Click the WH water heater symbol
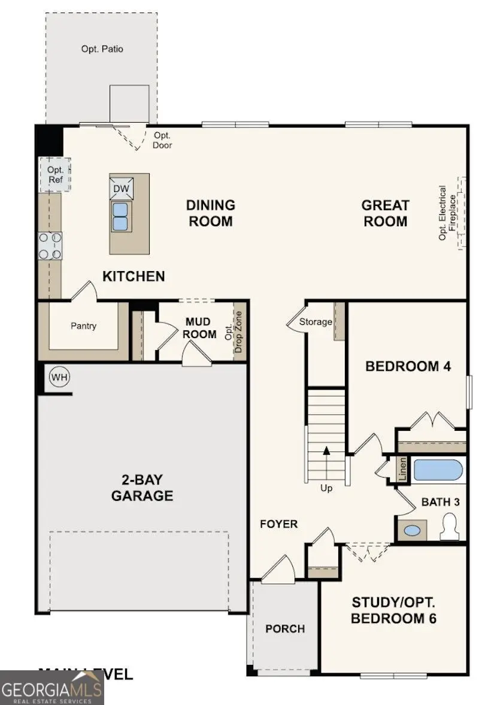(59, 377)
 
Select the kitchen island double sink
(121, 216)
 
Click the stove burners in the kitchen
(50, 245)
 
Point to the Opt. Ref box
(55, 174)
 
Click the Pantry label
(83, 326)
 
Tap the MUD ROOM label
(201, 329)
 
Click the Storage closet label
(316, 322)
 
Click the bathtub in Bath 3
(438, 470)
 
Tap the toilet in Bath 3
(450, 528)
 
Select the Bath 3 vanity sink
(411, 530)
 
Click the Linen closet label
(402, 470)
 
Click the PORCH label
(285, 629)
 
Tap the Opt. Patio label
(102, 48)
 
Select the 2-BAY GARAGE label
(142, 488)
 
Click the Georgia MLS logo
(52, 686)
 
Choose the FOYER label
(278, 524)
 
